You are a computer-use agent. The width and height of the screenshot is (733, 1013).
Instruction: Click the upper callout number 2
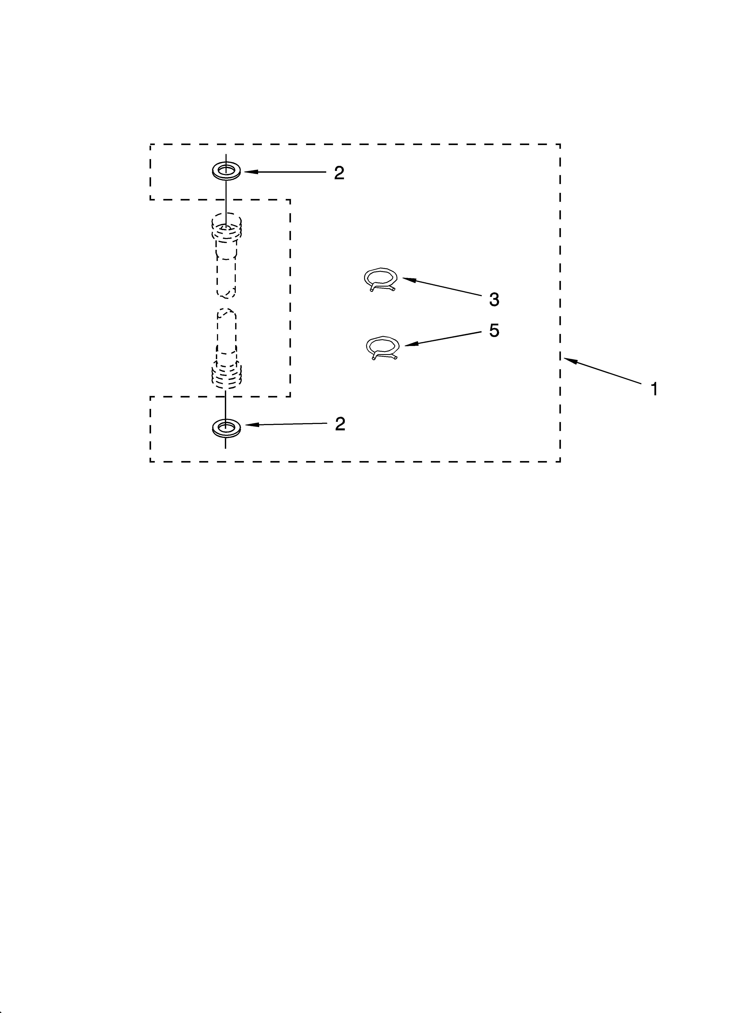coord(339,173)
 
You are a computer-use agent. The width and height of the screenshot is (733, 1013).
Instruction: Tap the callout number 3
coord(494,300)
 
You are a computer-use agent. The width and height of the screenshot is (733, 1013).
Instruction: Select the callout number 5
coord(494,330)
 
